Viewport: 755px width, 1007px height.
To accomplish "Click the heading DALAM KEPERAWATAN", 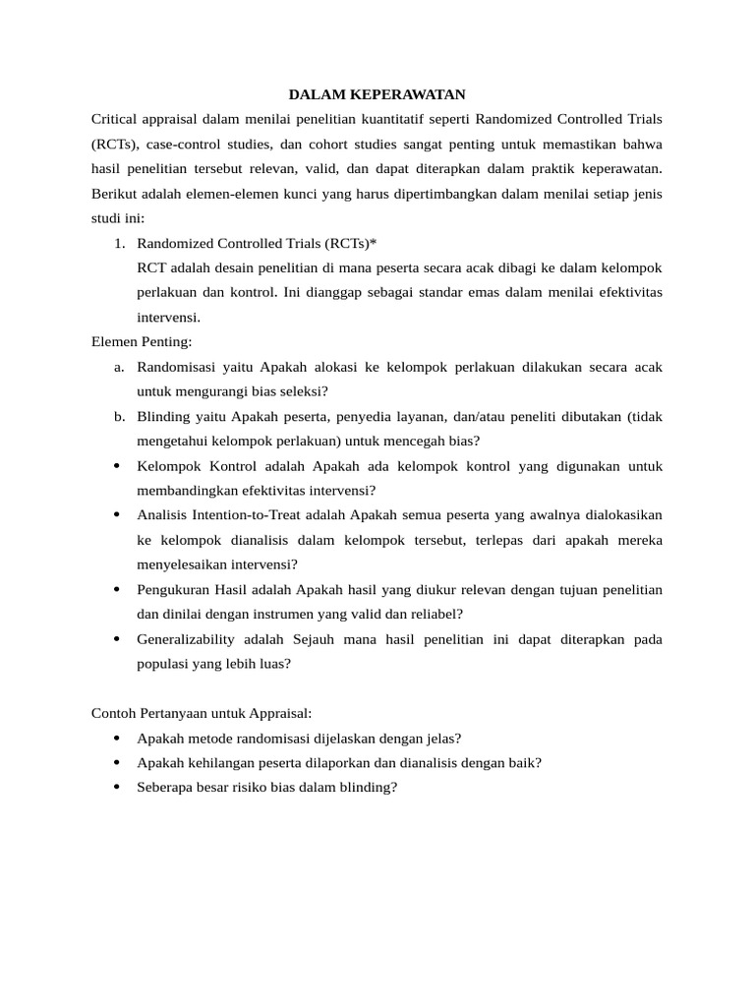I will tap(377, 94).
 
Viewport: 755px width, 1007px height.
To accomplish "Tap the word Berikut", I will tap(115, 194).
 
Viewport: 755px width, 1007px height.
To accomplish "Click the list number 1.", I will tap(120, 243).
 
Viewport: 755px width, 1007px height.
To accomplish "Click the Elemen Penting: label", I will tap(142, 341).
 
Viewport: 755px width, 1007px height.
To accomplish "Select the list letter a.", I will tap(119, 367).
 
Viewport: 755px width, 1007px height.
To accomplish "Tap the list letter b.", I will tap(119, 416).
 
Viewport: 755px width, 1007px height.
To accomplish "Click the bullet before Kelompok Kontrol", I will tap(117, 466).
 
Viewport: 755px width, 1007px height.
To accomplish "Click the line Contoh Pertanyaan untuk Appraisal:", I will tap(201, 713).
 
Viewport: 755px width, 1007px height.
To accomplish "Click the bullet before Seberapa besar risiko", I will tap(117, 788).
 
